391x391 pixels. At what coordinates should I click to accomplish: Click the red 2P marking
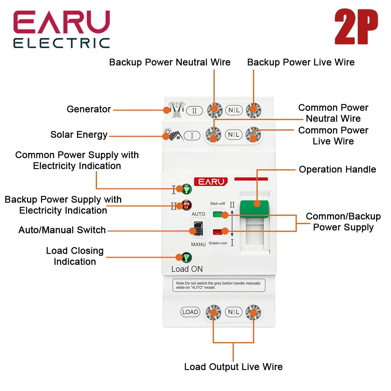356,27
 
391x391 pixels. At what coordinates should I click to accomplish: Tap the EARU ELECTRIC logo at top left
62,29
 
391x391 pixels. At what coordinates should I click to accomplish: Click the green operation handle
254,208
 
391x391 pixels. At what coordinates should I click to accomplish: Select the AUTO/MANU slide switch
198,228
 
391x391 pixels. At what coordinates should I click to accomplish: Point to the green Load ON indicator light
187,257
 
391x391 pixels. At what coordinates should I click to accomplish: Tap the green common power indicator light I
187,189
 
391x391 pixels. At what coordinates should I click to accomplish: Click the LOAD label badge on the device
190,312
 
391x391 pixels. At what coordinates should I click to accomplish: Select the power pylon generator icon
176,109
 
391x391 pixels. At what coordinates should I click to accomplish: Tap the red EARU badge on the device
210,182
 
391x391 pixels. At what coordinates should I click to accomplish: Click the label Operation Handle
337,169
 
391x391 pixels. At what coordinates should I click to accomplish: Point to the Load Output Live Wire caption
233,367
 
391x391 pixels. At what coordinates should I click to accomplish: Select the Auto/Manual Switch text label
62,230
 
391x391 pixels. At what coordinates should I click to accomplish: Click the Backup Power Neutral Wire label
170,62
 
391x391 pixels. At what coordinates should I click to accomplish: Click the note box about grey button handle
219,285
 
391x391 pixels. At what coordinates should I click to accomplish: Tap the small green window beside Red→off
217,214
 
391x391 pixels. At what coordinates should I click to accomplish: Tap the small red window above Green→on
217,232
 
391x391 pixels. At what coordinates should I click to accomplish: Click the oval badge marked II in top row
194,111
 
